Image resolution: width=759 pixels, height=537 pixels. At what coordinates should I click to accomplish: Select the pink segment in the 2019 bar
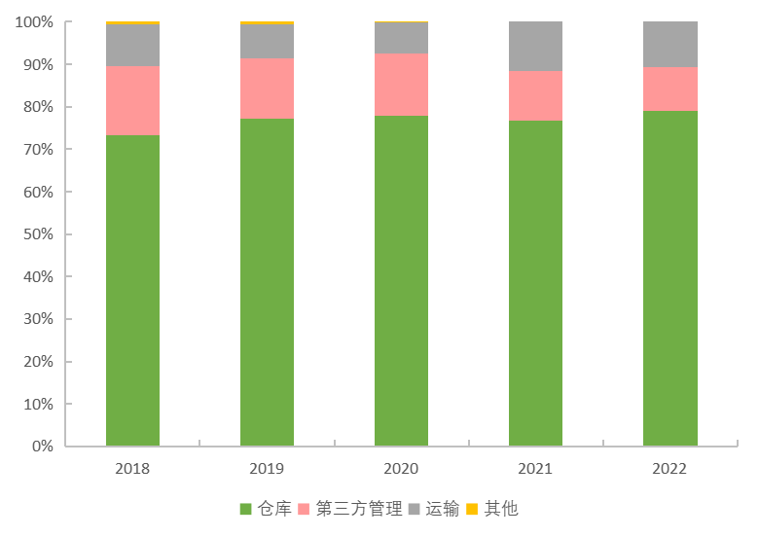(x=267, y=89)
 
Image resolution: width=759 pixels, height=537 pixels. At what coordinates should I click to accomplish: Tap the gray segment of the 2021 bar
(x=535, y=46)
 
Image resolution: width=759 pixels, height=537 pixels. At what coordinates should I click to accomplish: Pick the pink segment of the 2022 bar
(x=669, y=89)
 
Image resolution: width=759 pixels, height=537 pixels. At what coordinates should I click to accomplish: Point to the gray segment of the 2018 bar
(x=132, y=45)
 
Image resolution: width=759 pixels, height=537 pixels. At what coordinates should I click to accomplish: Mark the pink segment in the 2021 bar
(x=535, y=95)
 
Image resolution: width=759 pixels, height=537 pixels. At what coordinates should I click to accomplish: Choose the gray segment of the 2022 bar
(x=669, y=44)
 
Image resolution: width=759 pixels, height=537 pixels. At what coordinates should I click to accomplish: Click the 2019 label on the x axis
(x=267, y=468)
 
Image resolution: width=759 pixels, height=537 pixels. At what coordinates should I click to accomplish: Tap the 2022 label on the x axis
(x=669, y=468)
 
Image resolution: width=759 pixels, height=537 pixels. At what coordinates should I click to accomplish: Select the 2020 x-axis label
(x=401, y=468)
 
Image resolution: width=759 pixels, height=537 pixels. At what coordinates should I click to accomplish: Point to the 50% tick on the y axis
(x=39, y=234)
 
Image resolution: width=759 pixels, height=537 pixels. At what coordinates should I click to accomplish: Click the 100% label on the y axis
(x=35, y=22)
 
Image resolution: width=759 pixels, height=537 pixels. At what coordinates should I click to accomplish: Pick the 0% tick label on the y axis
(x=43, y=447)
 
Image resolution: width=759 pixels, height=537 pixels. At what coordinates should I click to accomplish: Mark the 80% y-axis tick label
(x=39, y=107)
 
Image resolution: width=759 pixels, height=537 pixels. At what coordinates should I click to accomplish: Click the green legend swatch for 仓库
(x=245, y=509)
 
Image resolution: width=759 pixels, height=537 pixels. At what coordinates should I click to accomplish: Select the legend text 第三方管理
(x=359, y=509)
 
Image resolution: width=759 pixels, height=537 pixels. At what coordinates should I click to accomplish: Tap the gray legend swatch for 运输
(x=415, y=509)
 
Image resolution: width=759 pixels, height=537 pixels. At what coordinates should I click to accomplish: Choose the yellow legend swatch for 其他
(x=472, y=509)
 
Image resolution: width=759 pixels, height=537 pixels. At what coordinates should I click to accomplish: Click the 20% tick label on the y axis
(x=39, y=362)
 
